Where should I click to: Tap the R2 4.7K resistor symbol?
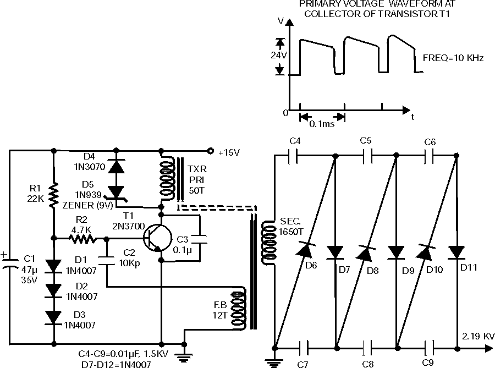pos(82,239)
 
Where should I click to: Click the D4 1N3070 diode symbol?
pos(116,166)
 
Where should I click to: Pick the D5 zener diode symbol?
pos(116,190)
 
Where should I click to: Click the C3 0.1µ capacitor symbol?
pos(199,239)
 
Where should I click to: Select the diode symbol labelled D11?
pos(455,252)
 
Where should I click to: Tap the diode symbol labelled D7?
pos(335,252)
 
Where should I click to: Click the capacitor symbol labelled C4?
pos(295,156)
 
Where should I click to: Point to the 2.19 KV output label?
pos(478,336)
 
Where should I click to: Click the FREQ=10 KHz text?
pos(453,57)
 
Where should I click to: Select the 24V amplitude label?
pos(280,56)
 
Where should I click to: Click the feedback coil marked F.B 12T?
pos(240,308)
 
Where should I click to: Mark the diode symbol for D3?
pos(54,317)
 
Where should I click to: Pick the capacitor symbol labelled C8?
pos(367,348)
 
